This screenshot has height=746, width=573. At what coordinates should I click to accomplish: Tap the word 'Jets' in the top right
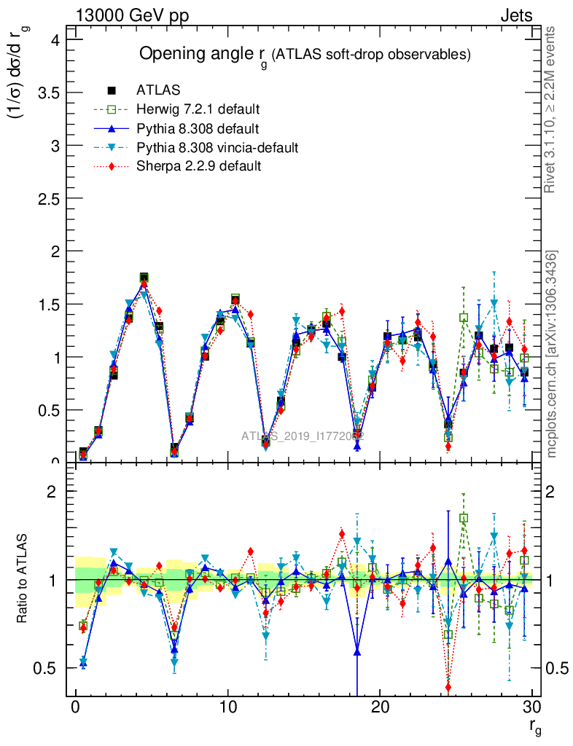point(515,15)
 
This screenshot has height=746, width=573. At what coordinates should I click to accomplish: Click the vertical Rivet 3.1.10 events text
point(550,110)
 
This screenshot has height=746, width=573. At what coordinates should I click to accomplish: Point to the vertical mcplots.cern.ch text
point(552,354)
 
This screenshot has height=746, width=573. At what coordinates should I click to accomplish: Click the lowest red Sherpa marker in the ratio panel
point(448,687)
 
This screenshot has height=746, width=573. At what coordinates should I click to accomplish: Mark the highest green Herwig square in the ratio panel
point(464,518)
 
